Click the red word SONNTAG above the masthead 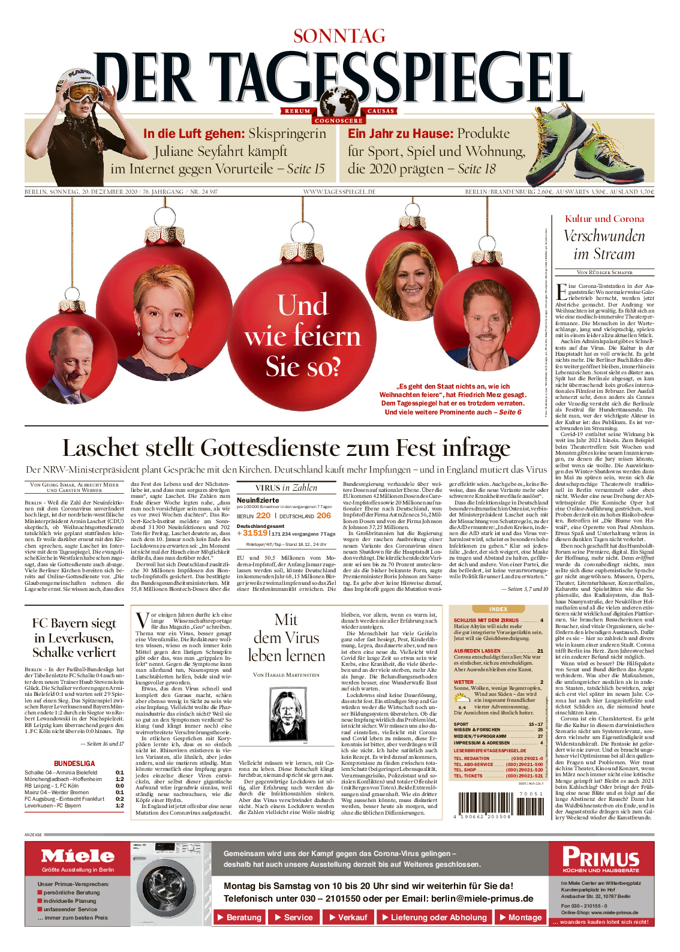[339, 37]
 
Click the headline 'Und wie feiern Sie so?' [302, 335]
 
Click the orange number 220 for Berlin [263, 515]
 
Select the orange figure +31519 [252, 533]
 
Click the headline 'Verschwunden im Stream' [604, 245]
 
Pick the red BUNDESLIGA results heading [74, 764]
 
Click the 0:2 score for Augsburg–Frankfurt [120, 799]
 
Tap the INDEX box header [498, 609]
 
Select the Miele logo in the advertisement [78, 856]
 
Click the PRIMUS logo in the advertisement [601, 857]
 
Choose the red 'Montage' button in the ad [520, 917]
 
